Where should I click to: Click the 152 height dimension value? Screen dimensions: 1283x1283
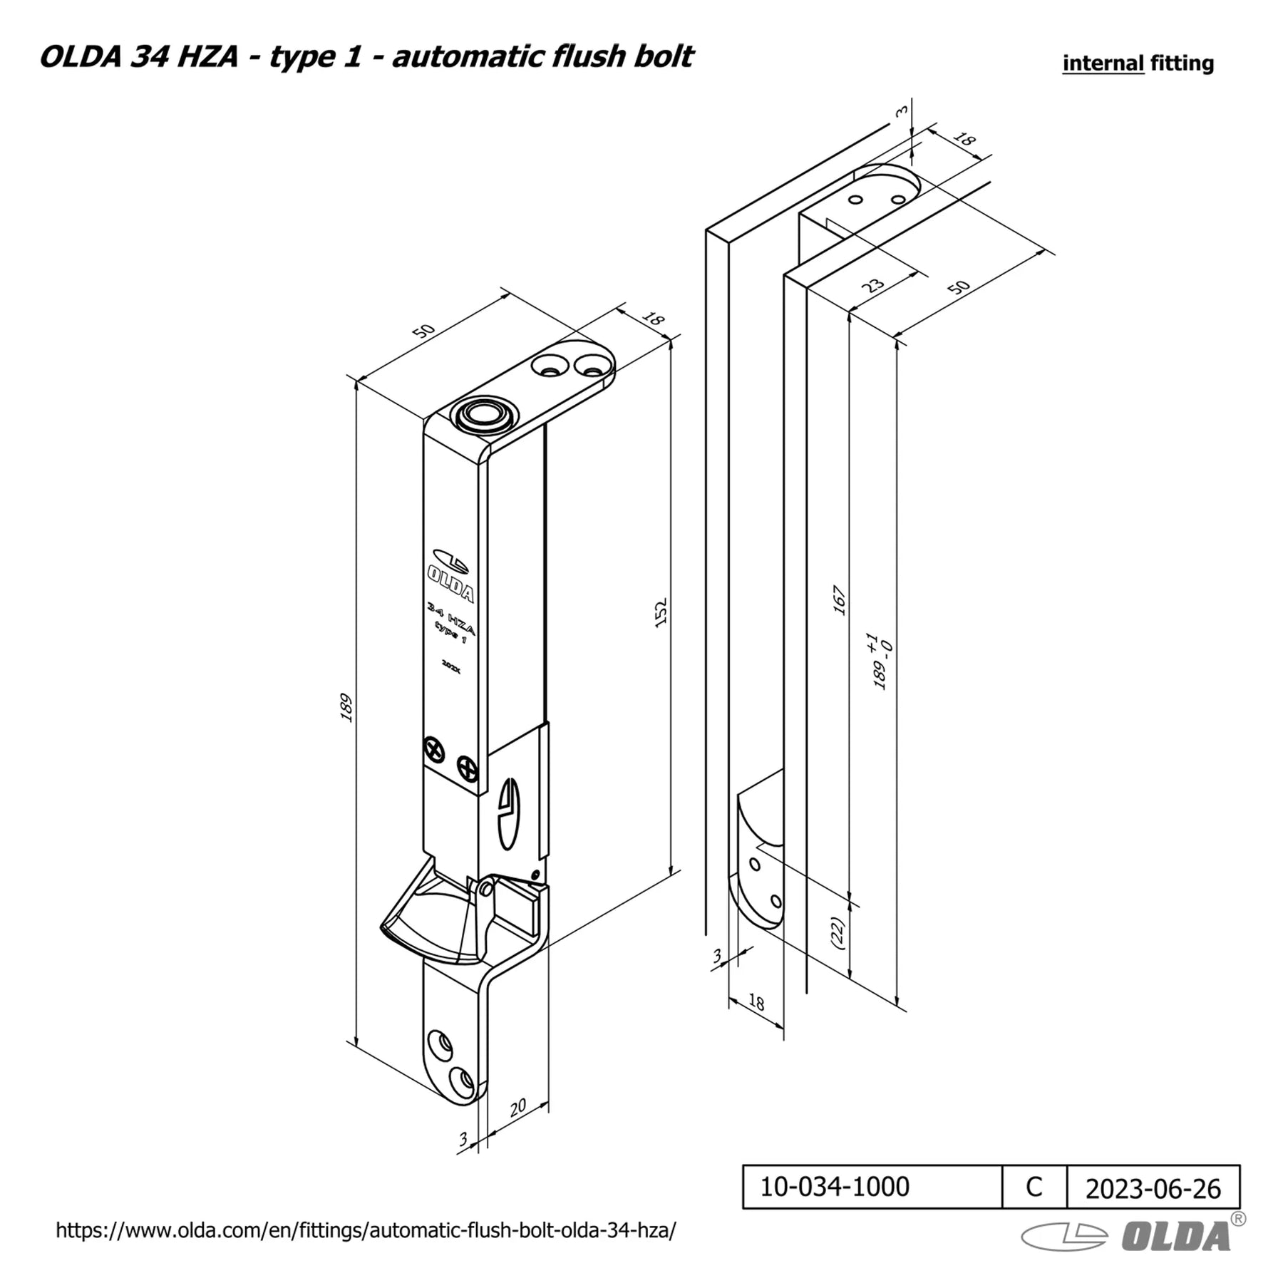pos(660,612)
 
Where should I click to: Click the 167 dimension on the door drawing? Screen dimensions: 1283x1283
pos(839,600)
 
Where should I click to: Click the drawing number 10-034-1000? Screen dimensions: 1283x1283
pos(835,1187)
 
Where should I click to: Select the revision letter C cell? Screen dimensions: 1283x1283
pos(1034,1187)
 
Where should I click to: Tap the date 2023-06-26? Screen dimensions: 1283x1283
pos(1153,1189)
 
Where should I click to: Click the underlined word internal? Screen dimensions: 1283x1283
pos(1103,63)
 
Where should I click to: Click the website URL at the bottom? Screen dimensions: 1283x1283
pos(366,1230)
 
